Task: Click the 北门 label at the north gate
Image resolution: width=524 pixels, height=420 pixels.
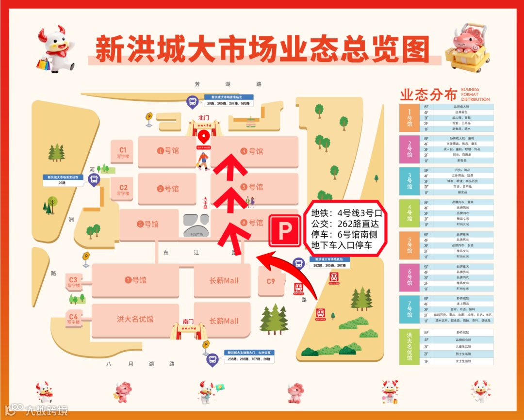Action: pos(204,117)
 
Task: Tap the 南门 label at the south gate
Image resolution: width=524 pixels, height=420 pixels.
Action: pos(188,321)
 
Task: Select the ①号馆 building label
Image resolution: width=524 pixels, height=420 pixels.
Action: pos(168,151)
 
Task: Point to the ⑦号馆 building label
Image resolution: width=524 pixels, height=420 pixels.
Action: pos(135,280)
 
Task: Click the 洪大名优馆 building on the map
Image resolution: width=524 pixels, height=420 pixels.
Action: pos(135,319)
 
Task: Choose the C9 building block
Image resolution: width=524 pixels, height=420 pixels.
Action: pos(270,281)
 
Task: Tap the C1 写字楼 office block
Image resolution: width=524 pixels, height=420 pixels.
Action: pos(123,152)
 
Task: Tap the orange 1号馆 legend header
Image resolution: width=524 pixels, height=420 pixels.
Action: pos(409,117)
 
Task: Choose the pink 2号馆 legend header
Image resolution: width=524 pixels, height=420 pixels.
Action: pos(409,149)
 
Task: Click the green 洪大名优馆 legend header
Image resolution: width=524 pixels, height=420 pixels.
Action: pos(409,347)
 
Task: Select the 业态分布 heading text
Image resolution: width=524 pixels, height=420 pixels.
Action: pos(428,94)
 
